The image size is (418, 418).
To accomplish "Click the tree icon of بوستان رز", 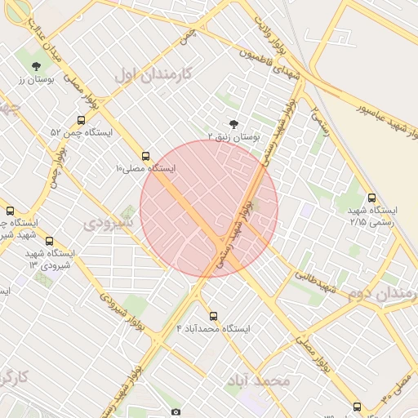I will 35,66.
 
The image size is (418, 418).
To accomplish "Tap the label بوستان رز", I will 35,80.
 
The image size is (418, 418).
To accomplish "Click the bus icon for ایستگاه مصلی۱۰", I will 146,155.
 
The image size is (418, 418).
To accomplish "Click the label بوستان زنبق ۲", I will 233,138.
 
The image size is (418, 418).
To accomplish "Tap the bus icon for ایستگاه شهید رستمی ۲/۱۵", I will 372,198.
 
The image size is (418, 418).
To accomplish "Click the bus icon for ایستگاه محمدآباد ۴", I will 214,315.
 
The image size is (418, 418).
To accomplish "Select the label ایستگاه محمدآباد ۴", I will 214,328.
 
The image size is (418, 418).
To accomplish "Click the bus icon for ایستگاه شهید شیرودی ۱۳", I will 50,241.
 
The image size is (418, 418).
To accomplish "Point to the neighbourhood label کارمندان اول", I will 153,74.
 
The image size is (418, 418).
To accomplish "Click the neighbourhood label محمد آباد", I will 260,381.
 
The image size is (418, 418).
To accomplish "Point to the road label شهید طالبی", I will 315,279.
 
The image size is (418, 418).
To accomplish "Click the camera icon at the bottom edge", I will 176,412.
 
